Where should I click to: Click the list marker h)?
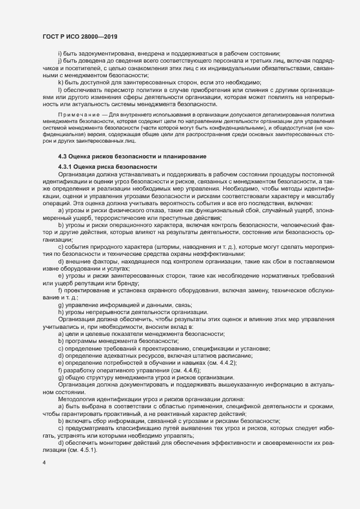pyautogui.click(x=61, y=311)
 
